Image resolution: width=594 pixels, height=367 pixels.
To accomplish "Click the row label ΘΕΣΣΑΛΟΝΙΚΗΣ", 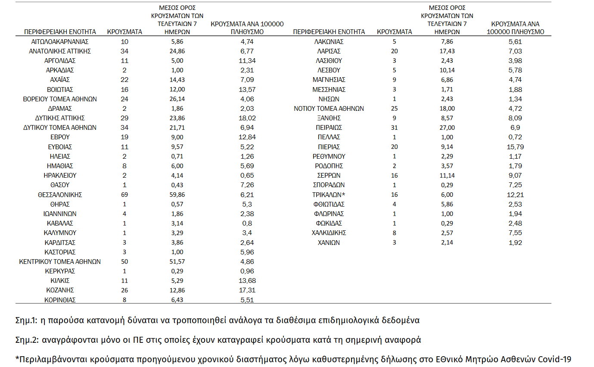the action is (60, 194).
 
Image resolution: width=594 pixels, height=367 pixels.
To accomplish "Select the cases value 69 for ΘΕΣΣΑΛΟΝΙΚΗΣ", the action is (124, 194).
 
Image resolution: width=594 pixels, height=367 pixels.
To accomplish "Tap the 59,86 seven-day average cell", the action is (177, 194).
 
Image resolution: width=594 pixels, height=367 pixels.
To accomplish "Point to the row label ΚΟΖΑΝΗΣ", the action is (60, 290).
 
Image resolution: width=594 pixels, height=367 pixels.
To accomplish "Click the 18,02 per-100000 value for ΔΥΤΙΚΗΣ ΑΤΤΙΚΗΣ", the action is (247, 118).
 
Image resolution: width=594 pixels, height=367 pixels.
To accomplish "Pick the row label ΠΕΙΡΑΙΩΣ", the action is (329, 128).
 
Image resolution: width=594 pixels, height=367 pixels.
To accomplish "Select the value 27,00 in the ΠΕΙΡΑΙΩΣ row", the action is (447, 128).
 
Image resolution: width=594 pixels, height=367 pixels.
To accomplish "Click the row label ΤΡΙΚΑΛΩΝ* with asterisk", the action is (329, 194).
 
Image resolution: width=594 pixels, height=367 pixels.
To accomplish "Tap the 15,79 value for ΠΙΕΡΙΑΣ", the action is (515, 147).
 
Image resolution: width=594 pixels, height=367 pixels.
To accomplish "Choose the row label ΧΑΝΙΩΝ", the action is (329, 242).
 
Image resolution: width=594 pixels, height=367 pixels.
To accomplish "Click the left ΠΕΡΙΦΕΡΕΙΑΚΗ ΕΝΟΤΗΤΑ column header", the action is (60, 32).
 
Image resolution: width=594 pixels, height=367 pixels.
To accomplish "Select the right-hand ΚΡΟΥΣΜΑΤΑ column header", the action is (394, 32).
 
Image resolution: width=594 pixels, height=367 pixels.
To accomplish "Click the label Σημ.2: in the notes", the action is (27, 340).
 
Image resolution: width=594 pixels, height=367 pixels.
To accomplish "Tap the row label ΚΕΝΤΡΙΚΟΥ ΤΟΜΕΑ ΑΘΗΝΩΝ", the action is (60, 262).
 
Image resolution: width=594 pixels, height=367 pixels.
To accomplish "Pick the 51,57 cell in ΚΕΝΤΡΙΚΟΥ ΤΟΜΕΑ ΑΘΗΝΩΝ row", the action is (177, 262).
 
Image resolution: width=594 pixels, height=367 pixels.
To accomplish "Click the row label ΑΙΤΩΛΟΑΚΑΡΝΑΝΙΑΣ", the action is (60, 42).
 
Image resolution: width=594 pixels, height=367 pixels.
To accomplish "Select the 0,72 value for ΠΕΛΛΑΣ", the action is (515, 137).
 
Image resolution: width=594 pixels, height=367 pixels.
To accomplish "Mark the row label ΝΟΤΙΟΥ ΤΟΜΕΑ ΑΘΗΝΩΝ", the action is (329, 109).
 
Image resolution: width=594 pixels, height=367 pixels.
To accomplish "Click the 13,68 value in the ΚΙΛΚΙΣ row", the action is (247, 281).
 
